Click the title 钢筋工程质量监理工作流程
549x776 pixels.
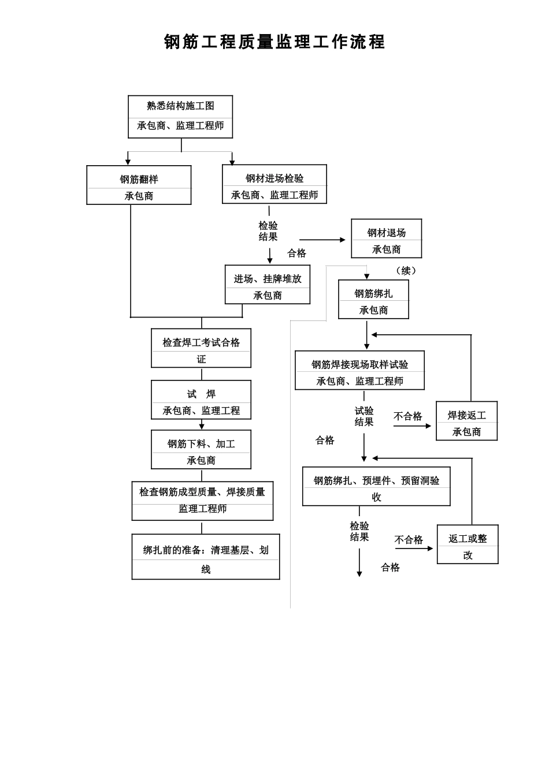coord(274,42)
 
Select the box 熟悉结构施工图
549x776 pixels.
coord(180,117)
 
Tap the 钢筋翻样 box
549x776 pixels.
coord(139,185)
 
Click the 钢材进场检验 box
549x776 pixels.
coord(274,184)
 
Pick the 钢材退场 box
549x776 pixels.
coord(387,238)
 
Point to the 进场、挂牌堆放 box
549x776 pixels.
coord(268,285)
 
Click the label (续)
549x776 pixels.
coord(406,270)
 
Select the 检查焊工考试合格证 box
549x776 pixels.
coord(201,348)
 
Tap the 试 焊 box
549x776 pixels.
coord(201,400)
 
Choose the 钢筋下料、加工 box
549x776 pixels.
coord(201,449)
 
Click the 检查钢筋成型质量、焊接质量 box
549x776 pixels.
coord(202,501)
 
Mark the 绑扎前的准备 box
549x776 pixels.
coord(206,557)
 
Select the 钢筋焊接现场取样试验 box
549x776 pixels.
coord(359,370)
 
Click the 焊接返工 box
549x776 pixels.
coord(467,421)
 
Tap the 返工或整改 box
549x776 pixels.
coord(468,544)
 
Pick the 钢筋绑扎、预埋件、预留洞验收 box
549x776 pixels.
coord(376,486)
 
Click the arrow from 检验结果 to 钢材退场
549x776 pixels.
coord(322,240)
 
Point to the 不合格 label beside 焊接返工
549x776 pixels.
coord(408,416)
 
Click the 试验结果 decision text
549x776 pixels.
coord(364,416)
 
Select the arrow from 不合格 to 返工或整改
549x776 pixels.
coord(414,549)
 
